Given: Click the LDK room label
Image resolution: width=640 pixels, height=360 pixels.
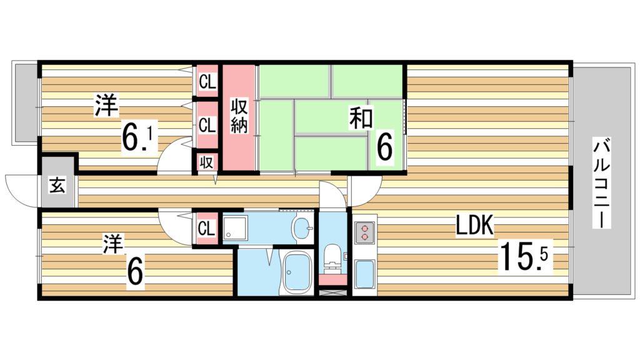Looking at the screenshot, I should [x=475, y=226].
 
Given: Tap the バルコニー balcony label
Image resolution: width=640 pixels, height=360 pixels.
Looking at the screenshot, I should [x=601, y=184].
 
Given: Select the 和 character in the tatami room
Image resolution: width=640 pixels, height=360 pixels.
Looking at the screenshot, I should [x=361, y=118].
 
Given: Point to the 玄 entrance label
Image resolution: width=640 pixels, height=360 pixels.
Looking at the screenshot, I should [x=57, y=186].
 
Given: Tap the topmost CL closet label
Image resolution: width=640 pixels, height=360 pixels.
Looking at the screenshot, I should [x=207, y=81].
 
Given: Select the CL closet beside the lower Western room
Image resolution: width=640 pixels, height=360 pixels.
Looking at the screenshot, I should [x=206, y=227].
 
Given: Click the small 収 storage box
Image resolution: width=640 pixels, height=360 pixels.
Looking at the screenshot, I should [x=206, y=162].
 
